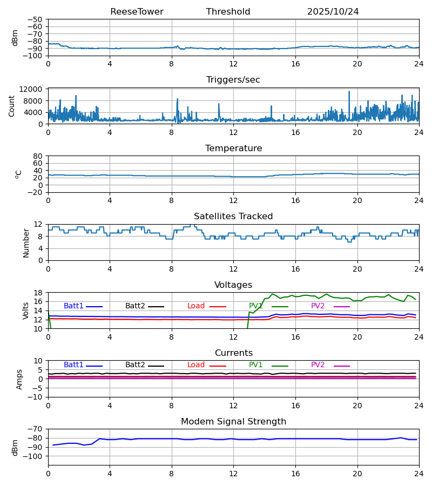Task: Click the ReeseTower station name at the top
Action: [137, 12]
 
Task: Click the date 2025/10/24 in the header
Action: [333, 12]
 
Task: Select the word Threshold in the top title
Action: [228, 12]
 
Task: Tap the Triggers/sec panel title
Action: [233, 80]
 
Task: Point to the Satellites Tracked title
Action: [233, 217]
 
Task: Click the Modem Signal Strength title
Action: [233, 422]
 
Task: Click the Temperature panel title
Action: [233, 148]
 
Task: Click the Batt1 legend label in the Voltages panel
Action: [73, 306]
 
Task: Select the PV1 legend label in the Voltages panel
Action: [256, 306]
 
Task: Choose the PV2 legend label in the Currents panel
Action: [318, 365]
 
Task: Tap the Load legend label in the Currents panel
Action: [196, 365]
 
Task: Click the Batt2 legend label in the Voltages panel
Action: [135, 306]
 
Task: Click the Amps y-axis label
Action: [19, 379]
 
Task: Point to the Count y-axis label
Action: [11, 106]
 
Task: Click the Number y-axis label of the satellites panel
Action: [26, 242]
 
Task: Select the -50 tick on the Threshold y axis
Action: [36, 19]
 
